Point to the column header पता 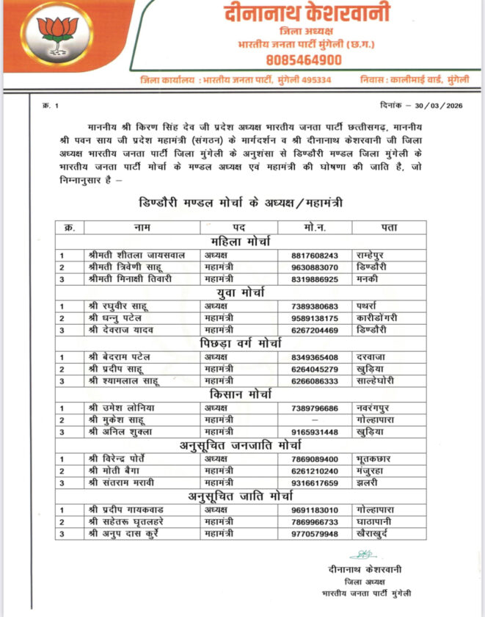pos(389,228)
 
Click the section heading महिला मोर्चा pos(241,242)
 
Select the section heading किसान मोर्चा pos(241,394)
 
